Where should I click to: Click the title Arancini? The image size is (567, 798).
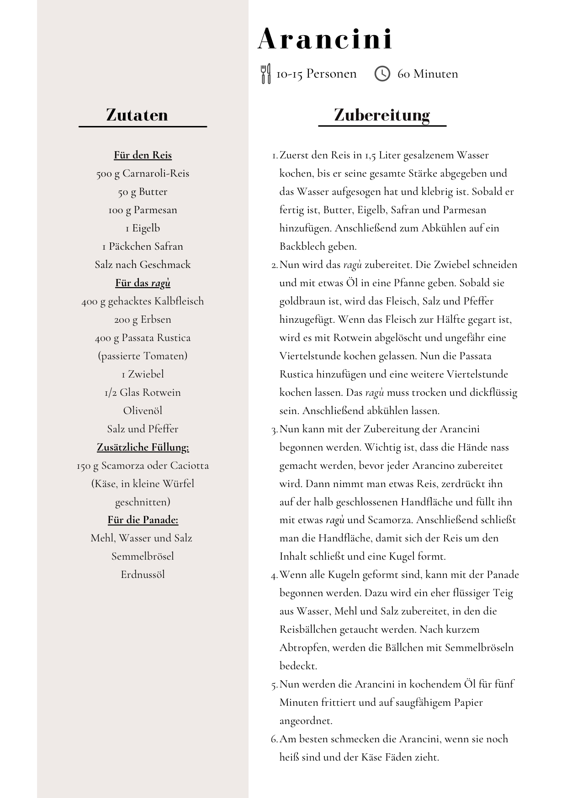pos(325,39)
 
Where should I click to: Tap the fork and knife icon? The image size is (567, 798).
pos(265,73)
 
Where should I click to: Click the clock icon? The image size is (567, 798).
pos(382,73)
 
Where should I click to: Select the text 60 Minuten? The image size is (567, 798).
pos(428,74)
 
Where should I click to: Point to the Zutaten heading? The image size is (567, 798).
pos(137,115)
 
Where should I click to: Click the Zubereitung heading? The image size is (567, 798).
pos(382,115)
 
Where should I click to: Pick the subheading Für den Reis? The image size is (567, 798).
pos(143,155)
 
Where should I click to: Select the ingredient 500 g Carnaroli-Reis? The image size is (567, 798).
pos(143,173)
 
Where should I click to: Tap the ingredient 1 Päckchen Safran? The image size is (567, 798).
pos(143,247)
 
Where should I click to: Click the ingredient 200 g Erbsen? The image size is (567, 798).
pos(143,320)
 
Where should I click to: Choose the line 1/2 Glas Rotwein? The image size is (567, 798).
pos(143,393)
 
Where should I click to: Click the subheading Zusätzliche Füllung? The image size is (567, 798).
pos(143,447)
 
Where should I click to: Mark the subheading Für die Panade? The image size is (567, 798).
pos(143,520)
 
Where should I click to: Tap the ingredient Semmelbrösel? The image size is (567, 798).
pos(143,556)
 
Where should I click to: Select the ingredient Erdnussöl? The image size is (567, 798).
pos(143,575)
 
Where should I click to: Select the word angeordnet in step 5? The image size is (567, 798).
pos(305,721)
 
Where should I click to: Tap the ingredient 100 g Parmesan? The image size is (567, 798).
pos(143,210)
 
